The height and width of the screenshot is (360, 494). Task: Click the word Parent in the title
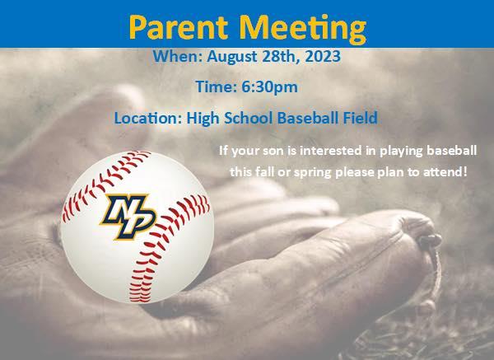[179, 27]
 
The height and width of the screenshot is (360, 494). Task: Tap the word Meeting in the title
[302, 29]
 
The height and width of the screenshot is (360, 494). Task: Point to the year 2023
[323, 56]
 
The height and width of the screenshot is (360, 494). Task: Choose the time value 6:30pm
[269, 87]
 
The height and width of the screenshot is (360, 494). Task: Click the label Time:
[216, 86]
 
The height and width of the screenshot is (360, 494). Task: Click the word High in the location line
[203, 119]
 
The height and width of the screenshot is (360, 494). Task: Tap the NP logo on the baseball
[128, 216]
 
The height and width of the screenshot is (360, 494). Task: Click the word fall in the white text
[263, 172]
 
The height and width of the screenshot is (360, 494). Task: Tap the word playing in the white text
[401, 152]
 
